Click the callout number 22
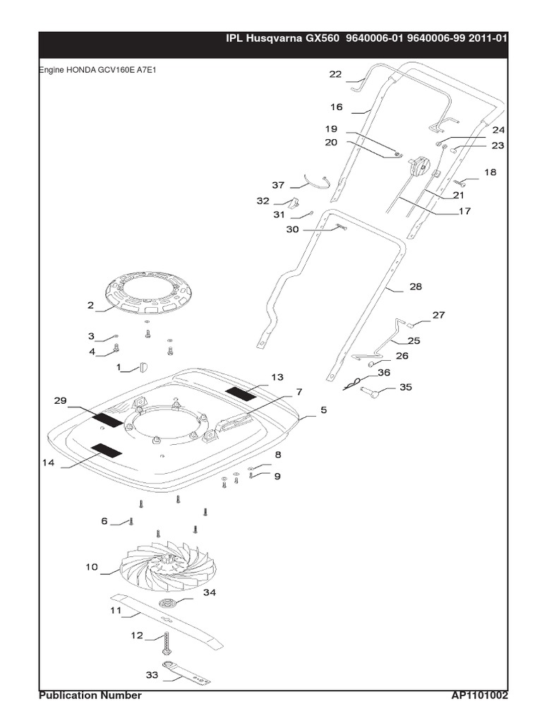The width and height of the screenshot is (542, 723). [x=335, y=74]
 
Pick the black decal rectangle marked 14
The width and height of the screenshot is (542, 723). [x=107, y=450]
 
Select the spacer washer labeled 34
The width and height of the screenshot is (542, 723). [x=169, y=603]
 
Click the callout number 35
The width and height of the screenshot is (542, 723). [x=406, y=388]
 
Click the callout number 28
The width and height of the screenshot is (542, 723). [x=416, y=287]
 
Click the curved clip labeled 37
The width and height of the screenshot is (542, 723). [x=316, y=182]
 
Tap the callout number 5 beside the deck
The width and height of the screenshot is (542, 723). [x=324, y=409]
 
